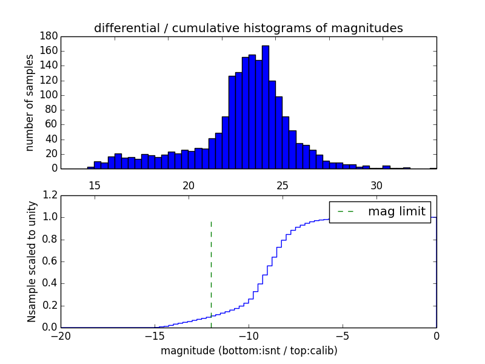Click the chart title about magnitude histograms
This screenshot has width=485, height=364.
click(248, 28)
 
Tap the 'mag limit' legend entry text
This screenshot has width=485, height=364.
click(396, 212)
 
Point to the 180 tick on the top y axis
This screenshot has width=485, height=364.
click(49, 36)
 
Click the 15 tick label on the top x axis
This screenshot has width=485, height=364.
click(94, 185)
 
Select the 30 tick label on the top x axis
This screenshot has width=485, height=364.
click(376, 185)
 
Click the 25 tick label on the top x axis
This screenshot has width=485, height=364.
click(283, 185)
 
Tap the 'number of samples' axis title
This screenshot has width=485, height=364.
click(30, 103)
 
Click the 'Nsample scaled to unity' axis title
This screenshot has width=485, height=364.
click(32, 261)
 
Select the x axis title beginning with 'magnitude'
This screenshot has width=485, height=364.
click(249, 351)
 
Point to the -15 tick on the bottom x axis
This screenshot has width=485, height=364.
click(155, 335)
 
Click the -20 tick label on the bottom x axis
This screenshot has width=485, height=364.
click(61, 335)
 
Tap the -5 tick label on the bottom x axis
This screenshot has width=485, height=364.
click(343, 335)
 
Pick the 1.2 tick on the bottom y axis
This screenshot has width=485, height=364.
click(50, 195)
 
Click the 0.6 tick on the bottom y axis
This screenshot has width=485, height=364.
click(50, 261)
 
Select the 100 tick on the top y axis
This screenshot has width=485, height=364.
click(49, 95)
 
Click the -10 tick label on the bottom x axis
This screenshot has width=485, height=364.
click(249, 335)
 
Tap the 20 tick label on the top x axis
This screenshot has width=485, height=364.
click(188, 185)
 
